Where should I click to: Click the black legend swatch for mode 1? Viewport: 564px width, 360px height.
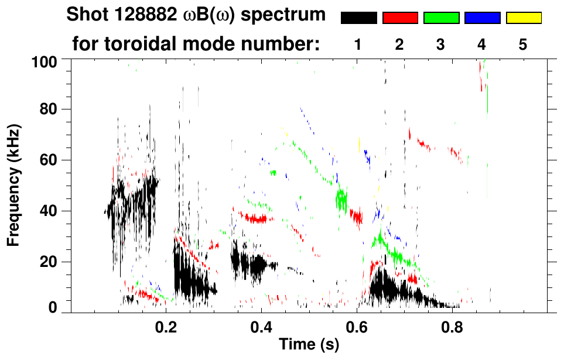[358, 18]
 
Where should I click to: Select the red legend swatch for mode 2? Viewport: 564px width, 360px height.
[400, 18]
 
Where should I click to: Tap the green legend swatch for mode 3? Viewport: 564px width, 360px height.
[441, 18]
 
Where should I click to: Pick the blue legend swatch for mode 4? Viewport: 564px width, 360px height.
[482, 18]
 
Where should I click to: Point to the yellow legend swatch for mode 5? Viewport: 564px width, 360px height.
[523, 18]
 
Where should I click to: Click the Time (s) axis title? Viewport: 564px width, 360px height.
[309, 345]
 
